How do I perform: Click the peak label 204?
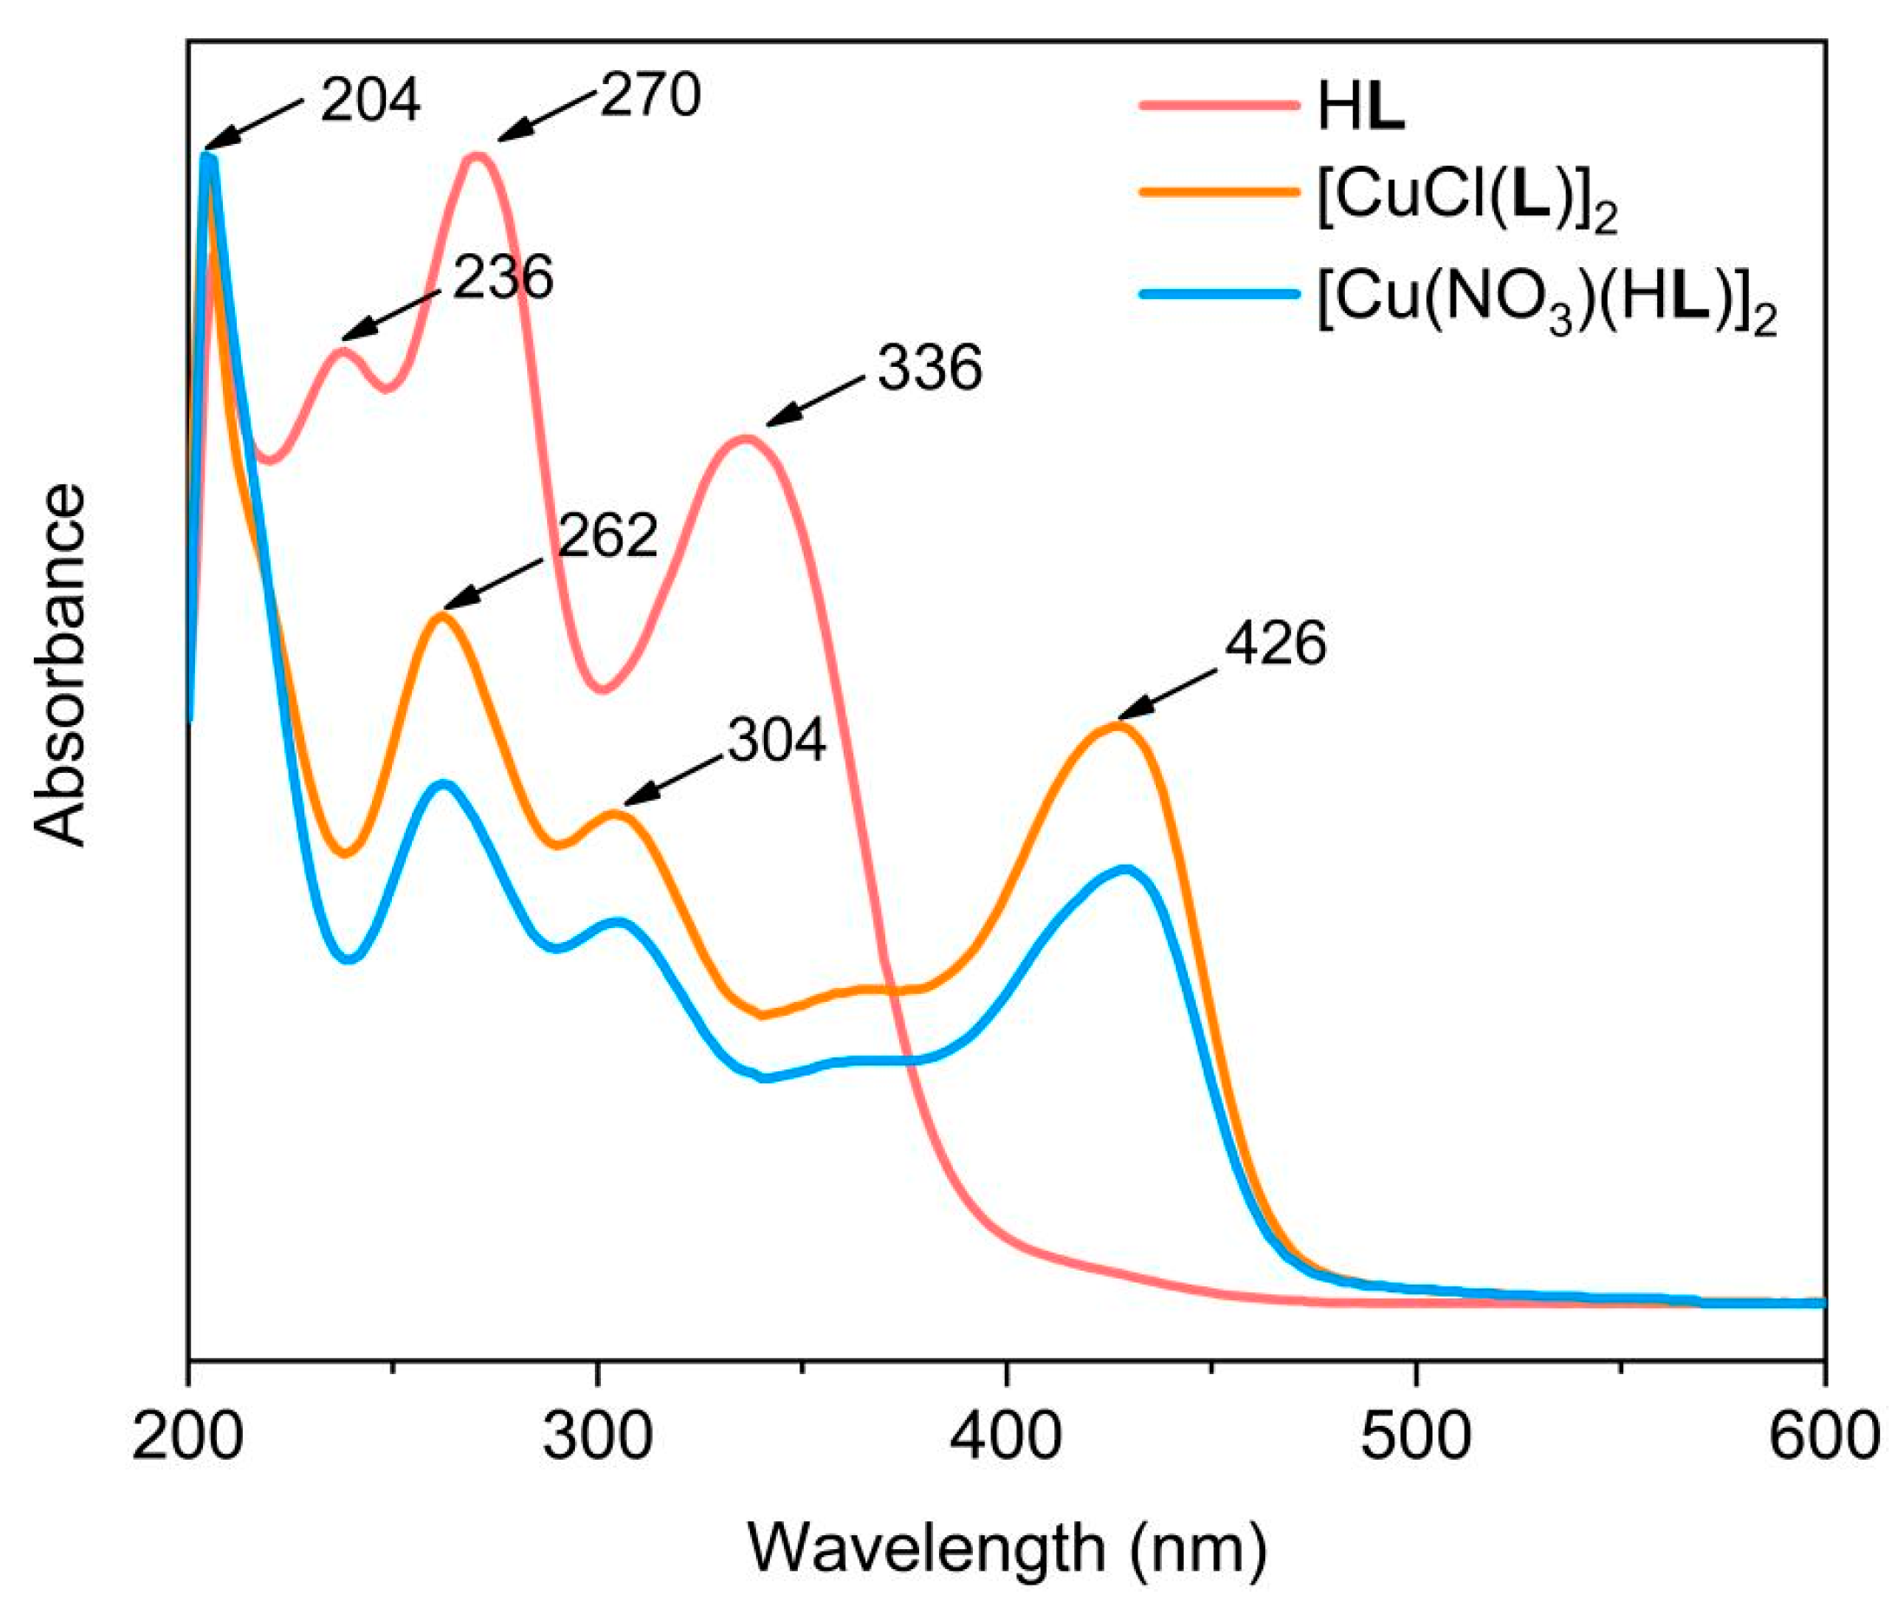tap(370, 101)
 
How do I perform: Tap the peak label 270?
tap(650, 95)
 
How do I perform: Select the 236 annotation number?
tap(503, 278)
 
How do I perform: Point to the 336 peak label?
tap(930, 370)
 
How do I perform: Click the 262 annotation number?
tap(608, 536)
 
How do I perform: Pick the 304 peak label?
tap(777, 740)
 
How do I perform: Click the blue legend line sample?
tap(1219, 295)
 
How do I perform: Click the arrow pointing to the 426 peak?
tap(1167, 695)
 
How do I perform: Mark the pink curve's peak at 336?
tap(746, 439)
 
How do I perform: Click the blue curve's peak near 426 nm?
tap(1126, 869)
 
